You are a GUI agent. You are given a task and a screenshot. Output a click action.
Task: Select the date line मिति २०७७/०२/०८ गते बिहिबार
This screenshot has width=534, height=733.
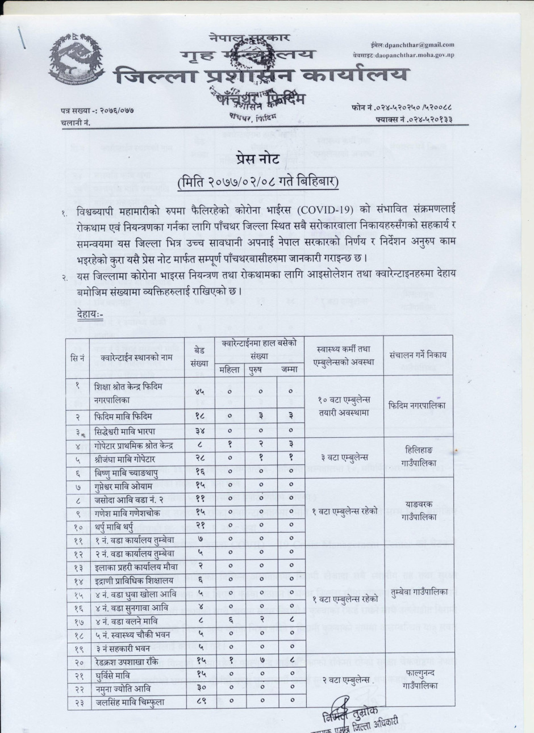point(258,183)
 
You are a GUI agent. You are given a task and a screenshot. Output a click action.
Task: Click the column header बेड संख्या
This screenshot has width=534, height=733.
point(199,355)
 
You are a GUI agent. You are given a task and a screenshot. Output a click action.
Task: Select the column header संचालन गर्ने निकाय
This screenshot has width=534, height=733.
point(419,354)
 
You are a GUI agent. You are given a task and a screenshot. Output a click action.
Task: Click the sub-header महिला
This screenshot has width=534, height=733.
point(230,370)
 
